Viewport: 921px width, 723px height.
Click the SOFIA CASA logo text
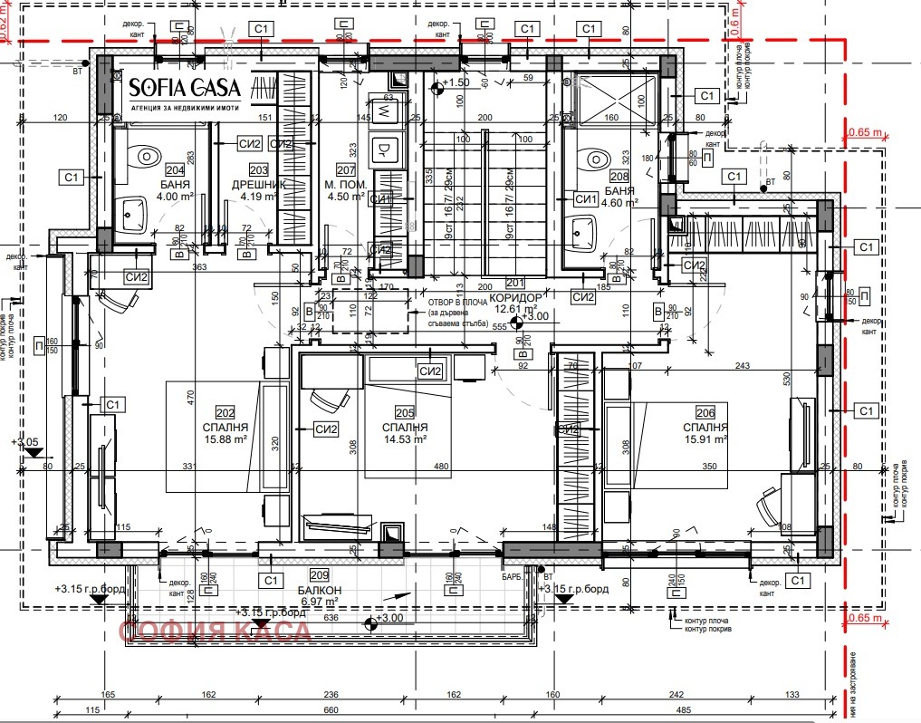(184, 88)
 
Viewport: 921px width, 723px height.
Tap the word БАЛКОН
(318, 587)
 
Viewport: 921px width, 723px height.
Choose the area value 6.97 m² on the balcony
(318, 600)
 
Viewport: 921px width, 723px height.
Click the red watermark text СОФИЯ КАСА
(216, 631)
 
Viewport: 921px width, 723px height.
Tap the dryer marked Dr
(383, 148)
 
